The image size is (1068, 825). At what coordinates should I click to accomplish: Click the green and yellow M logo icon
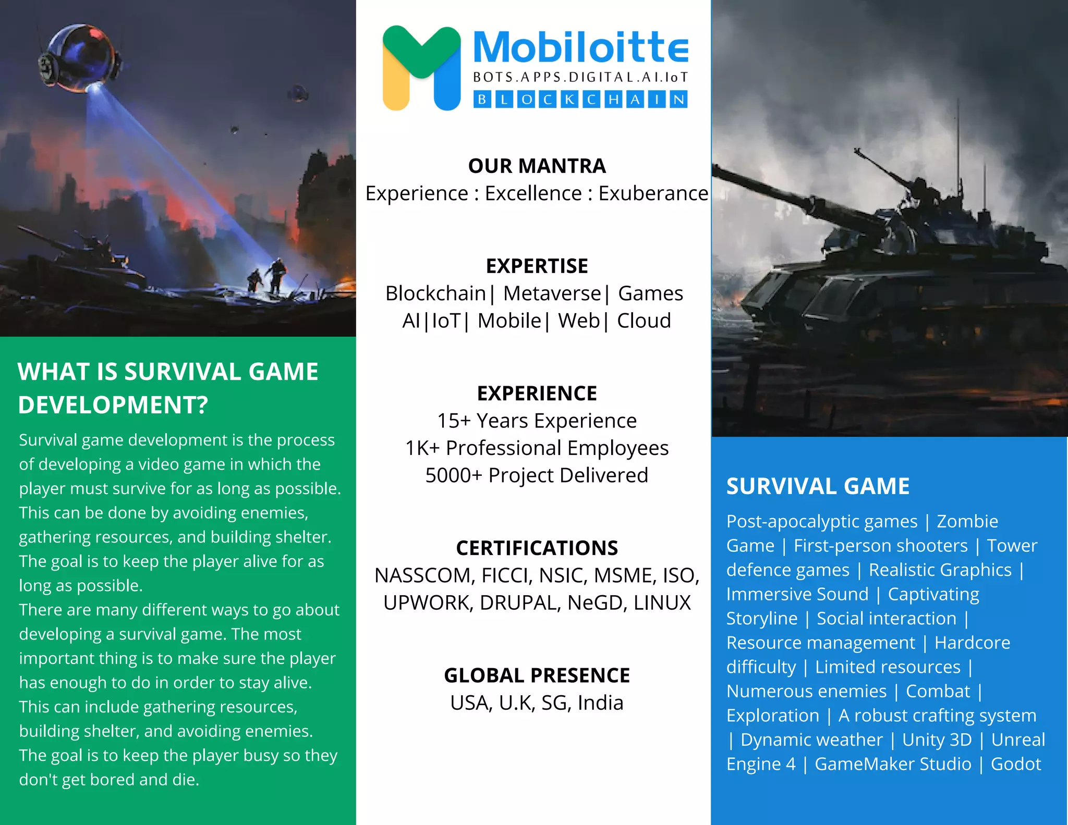421,68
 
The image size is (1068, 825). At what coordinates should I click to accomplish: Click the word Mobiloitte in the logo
580,48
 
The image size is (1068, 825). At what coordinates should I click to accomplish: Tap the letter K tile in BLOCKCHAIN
569,99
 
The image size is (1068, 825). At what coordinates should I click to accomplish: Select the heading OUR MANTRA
537,166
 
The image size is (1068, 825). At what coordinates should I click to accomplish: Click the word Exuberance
653,193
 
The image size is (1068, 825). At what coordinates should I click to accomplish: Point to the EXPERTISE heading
537,266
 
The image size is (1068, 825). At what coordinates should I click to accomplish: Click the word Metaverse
552,293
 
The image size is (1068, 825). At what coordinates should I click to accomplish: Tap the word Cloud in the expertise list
644,321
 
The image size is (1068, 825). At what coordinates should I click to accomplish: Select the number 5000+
453,475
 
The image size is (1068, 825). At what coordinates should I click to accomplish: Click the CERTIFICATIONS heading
537,548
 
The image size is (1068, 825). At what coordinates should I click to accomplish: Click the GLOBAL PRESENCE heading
537,675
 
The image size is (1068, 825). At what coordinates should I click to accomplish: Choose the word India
600,703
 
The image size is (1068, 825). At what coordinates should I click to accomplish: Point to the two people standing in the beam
267,277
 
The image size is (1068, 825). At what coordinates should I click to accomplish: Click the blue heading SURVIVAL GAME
818,486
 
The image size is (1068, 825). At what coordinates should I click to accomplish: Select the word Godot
1015,764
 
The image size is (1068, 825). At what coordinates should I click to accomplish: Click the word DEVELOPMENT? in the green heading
113,405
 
